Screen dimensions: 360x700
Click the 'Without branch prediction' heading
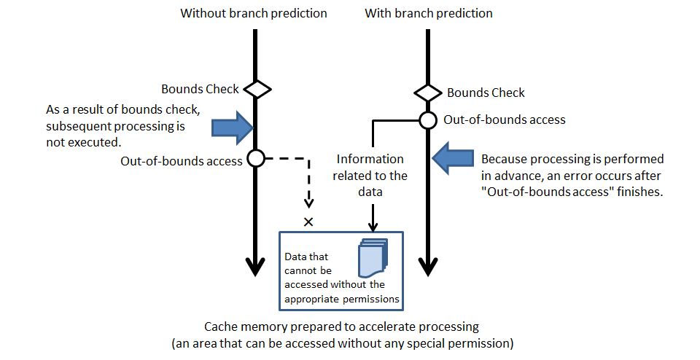254,13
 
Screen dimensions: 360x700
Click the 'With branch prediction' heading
428,13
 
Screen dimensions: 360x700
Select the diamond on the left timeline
257,90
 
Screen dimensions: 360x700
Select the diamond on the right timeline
428,93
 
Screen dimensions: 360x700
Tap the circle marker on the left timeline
256,158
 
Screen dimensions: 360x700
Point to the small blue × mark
308,222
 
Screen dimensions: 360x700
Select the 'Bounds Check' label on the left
200,89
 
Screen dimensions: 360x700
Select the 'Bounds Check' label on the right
486,93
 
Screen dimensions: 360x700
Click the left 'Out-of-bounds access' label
182,161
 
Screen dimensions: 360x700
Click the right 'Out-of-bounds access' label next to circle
504,120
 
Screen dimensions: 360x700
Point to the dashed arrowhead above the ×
308,202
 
